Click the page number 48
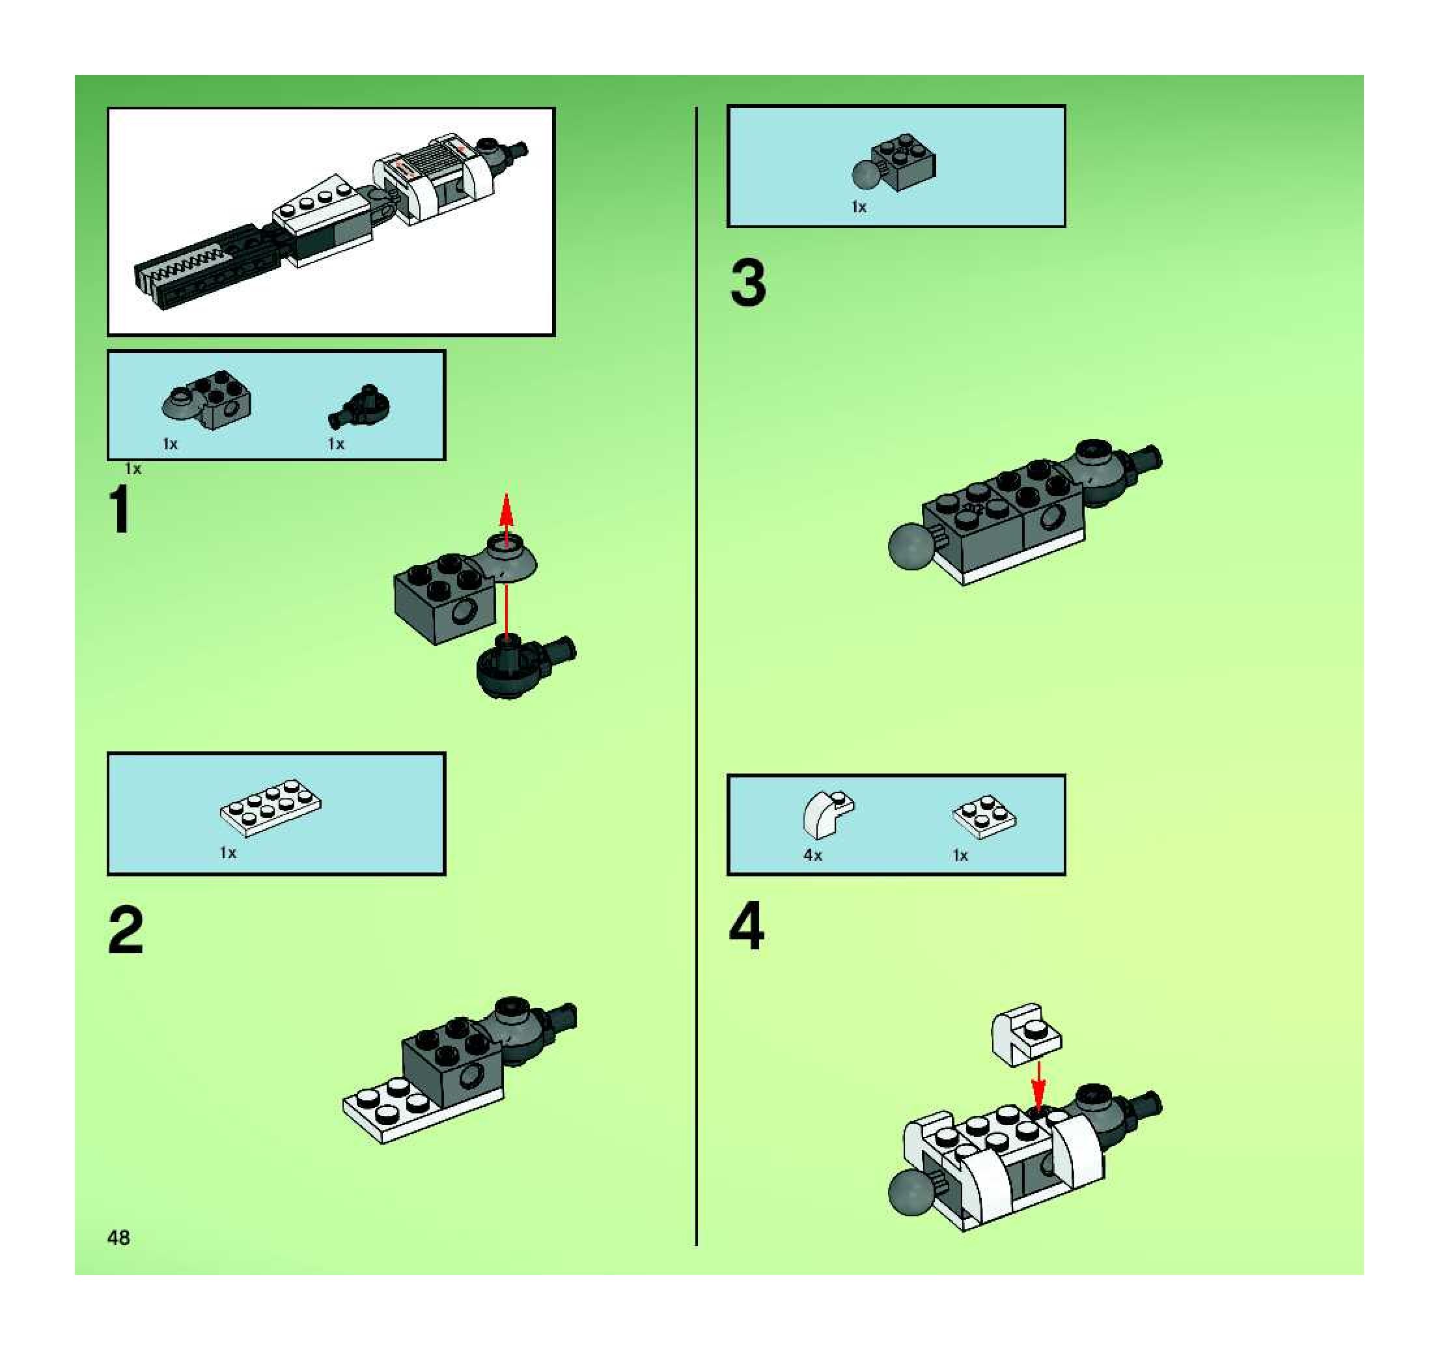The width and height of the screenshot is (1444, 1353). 118,1238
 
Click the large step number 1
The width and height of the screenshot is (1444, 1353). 120,510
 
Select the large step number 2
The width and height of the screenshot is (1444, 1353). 126,932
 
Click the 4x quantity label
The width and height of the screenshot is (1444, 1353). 812,856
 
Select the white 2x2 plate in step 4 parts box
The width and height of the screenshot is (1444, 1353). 984,818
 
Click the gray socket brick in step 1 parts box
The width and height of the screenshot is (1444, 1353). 208,401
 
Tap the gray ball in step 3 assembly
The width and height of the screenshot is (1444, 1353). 911,546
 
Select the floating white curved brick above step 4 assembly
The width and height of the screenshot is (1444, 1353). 1025,1034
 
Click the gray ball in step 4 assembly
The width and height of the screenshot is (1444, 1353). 911,1192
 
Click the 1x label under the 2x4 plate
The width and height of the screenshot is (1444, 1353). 228,852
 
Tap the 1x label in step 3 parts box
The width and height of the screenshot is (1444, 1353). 859,207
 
